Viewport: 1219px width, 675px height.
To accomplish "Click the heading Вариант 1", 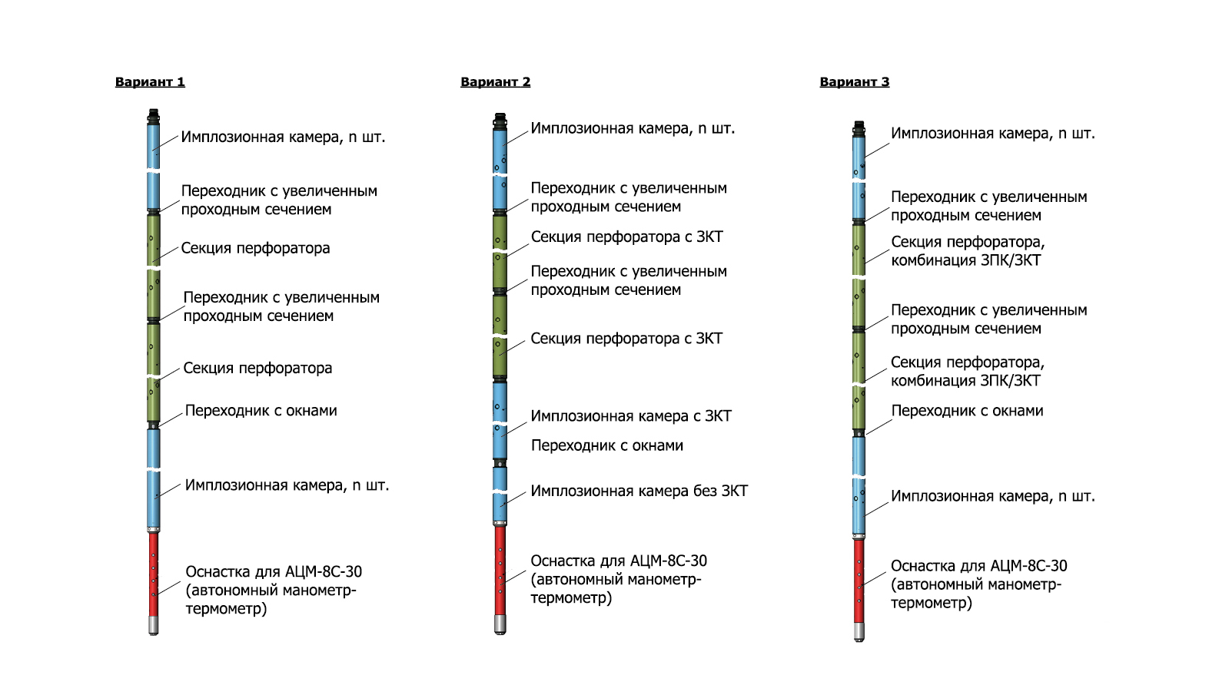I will click(x=150, y=82).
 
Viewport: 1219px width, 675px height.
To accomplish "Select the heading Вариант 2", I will click(x=495, y=82).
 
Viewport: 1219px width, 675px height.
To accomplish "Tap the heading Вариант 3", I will click(x=854, y=82).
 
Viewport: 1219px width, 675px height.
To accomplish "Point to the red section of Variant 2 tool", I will click(x=500, y=568).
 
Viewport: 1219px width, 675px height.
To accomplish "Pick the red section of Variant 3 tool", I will click(x=859, y=580).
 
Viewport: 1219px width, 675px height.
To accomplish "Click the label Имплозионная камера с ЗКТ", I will click(x=630, y=416).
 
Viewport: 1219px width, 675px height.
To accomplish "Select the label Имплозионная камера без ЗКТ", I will click(x=639, y=491).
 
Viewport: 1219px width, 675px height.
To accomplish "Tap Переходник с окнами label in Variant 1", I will click(x=261, y=411).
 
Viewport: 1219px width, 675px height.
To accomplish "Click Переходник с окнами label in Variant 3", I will click(x=967, y=411).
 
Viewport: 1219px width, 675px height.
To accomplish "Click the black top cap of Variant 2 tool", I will click(x=500, y=121).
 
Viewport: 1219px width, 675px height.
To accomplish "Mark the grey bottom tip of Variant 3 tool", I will click(x=859, y=632).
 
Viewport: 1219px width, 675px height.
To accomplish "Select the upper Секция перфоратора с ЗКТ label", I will click(x=626, y=237).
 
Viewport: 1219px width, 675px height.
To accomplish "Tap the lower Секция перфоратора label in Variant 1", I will click(x=257, y=368).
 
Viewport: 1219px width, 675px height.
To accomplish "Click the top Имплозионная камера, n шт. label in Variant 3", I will click(x=992, y=134).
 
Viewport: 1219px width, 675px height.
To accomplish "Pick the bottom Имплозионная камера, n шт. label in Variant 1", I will click(x=287, y=485).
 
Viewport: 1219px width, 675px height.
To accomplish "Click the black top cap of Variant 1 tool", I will click(x=154, y=117).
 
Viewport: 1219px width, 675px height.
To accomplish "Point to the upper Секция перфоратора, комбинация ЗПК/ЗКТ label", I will click(x=967, y=251).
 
